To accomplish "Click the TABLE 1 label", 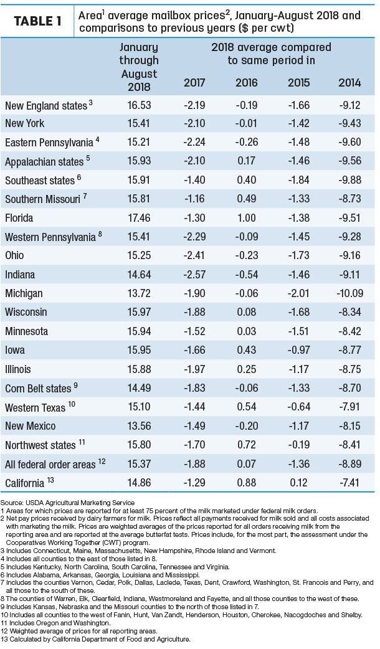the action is pyautogui.click(x=37, y=21).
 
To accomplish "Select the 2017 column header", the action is pyautogui.click(x=194, y=82).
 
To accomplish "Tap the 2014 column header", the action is pyautogui.click(x=349, y=82).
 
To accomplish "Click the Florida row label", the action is pyautogui.click(x=19, y=218).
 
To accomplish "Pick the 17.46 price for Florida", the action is pyautogui.click(x=139, y=218).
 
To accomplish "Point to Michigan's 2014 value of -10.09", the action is pyautogui.click(x=349, y=293).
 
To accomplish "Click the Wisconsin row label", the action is pyautogui.click(x=26, y=312).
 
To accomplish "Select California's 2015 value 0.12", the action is pyautogui.click(x=299, y=483).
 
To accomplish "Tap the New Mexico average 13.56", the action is pyautogui.click(x=139, y=426).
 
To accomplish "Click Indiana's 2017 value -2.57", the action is pyautogui.click(x=194, y=275).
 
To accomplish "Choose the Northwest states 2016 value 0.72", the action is pyautogui.click(x=247, y=445).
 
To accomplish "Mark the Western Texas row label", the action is pyautogui.click(x=35, y=407).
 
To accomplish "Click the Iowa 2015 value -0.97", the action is pyautogui.click(x=299, y=350).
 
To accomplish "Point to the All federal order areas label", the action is pyautogui.click(x=50, y=465).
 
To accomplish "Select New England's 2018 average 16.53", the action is pyautogui.click(x=139, y=105).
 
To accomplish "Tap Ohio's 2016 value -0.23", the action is pyautogui.click(x=247, y=255).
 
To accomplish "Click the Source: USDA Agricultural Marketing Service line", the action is pyautogui.click(x=67, y=503).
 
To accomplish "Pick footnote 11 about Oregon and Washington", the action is pyautogui.click(x=55, y=622).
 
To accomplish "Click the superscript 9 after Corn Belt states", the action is pyautogui.click(x=76, y=386).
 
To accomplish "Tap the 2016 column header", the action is pyautogui.click(x=247, y=82).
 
